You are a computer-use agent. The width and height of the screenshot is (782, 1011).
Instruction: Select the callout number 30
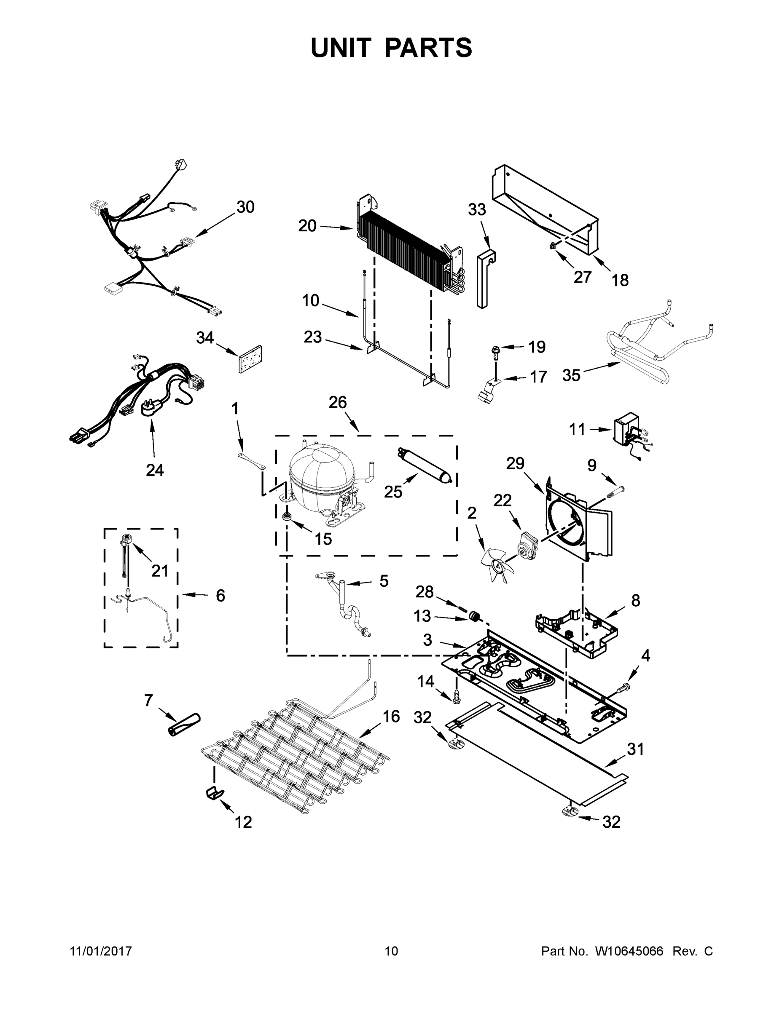(245, 207)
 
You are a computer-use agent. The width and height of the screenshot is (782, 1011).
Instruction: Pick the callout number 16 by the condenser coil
(391, 717)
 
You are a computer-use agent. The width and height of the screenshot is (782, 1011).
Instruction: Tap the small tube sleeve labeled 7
(183, 725)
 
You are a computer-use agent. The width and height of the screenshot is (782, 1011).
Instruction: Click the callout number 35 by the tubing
(571, 375)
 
